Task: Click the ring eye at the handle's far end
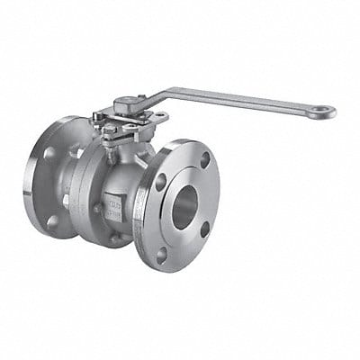tap(321, 112)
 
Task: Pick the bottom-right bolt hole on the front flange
tap(204, 236)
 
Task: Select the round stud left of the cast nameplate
tap(96, 209)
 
